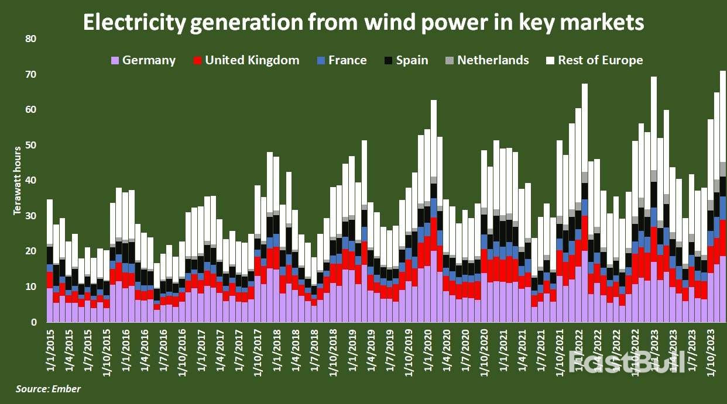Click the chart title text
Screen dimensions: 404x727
[x=363, y=22]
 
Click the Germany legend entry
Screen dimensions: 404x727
[x=143, y=60]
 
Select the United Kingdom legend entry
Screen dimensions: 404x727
[x=246, y=60]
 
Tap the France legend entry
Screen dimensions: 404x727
[x=342, y=60]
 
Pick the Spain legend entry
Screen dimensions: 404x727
[x=406, y=60]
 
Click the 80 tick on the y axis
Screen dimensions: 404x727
[x=31, y=39]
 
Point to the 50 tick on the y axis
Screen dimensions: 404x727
[x=31, y=145]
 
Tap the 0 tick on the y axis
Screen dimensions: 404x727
[x=34, y=322]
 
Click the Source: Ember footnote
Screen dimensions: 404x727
[x=48, y=389]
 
